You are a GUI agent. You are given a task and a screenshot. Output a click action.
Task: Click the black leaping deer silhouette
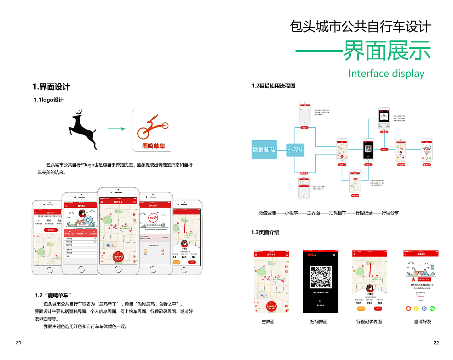[82, 129]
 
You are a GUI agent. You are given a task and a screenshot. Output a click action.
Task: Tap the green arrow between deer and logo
[117, 129]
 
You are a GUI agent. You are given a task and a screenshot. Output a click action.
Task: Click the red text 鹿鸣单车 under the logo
[154, 146]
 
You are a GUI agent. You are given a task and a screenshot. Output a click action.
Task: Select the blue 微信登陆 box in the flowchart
[264, 149]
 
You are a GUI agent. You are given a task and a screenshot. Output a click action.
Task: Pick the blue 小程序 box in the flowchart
[296, 150]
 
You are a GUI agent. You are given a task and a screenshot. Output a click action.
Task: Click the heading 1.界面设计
[51, 87]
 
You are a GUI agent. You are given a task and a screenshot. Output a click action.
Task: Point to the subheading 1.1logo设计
[49, 100]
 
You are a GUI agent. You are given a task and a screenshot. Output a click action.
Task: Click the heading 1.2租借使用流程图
[273, 86]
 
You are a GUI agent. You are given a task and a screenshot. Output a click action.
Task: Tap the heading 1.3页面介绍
[265, 232]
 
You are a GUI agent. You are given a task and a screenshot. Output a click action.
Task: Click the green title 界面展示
[387, 51]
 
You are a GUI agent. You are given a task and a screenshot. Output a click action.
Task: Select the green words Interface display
[386, 73]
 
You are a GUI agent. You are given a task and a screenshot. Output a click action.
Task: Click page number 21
[18, 342]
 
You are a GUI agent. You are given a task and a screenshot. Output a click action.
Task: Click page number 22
[436, 343]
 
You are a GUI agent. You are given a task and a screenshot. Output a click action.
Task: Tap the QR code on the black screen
[321, 277]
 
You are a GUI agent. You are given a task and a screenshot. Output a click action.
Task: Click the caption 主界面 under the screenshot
[268, 321]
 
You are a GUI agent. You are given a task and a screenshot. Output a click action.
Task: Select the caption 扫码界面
[319, 321]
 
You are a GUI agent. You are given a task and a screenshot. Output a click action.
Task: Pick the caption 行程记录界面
[369, 321]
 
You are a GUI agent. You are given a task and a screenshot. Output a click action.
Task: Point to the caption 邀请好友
[423, 321]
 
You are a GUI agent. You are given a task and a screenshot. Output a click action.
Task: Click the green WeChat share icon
[432, 308]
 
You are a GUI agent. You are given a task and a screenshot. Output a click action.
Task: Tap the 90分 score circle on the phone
[153, 218]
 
